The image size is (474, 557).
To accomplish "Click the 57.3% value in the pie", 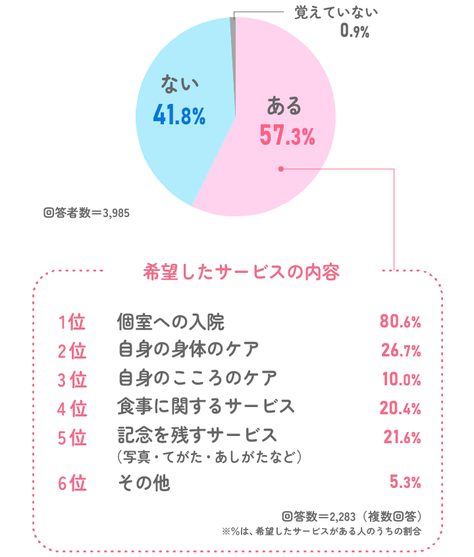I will pyautogui.click(x=287, y=136).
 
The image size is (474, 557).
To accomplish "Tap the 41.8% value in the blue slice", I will pyautogui.click(x=179, y=116).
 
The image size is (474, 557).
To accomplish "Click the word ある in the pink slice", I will pyautogui.click(x=284, y=106).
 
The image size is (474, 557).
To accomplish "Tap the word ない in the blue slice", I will pyautogui.click(x=179, y=85).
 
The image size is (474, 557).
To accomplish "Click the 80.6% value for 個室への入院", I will pyautogui.click(x=400, y=322).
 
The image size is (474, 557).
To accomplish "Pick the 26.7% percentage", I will pyautogui.click(x=401, y=351).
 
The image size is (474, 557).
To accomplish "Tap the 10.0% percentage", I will pyautogui.click(x=401, y=379).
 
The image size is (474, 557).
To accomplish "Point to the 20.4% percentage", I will pyautogui.click(x=401, y=408).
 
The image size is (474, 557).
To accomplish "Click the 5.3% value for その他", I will pyautogui.click(x=405, y=483).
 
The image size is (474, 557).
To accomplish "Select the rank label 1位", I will pyautogui.click(x=72, y=323).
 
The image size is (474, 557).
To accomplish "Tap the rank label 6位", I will pyautogui.click(x=72, y=483).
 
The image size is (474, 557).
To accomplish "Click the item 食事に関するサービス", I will pyautogui.click(x=205, y=407).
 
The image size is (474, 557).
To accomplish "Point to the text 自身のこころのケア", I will pyautogui.click(x=197, y=379).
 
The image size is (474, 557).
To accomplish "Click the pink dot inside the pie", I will pyautogui.click(x=280, y=169).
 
